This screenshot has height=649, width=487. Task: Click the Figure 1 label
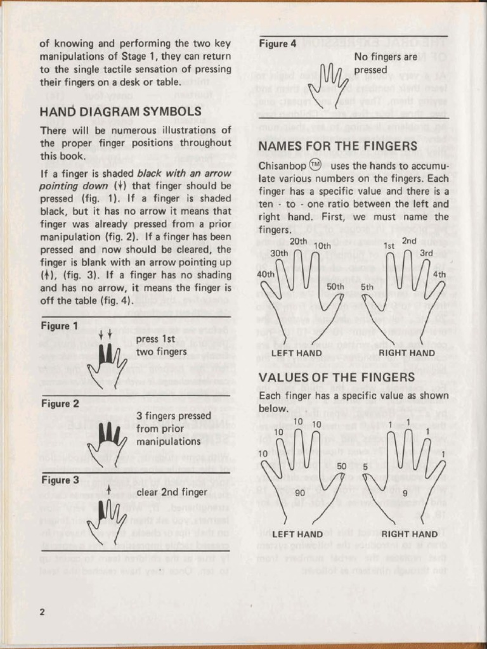[x=58, y=326]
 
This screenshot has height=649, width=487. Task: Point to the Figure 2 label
[x=58, y=404]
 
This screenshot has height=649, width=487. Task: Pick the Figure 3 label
[x=58, y=480]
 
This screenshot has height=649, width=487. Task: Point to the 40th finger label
[x=266, y=274]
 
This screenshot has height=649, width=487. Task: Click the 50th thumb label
[x=335, y=286]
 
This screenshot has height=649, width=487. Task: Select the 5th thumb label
[x=367, y=286]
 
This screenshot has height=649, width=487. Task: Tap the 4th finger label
[x=439, y=275]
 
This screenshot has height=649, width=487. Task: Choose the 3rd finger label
[x=426, y=253]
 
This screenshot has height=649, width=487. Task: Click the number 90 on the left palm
[x=301, y=492]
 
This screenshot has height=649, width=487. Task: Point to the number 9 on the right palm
[x=405, y=492]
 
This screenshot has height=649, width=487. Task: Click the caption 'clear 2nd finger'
[x=171, y=492]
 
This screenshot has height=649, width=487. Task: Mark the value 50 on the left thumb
[x=341, y=466]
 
